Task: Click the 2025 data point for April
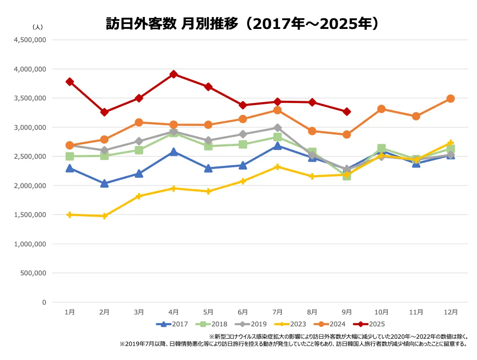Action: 173,74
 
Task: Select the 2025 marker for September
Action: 347,111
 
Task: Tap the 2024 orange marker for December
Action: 451,98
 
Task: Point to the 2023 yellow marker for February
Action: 104,216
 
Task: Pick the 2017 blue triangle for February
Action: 104,183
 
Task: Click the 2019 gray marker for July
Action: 277,128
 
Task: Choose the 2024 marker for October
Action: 381,109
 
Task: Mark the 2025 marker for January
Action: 70,82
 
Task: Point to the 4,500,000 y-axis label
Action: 30,40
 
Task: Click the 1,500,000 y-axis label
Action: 30,215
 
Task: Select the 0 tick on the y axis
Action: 44,302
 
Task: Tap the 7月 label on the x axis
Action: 277,312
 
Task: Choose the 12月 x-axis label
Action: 451,312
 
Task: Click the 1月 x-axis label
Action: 70,312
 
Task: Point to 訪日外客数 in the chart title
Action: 141,24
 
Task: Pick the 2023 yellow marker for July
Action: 277,167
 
